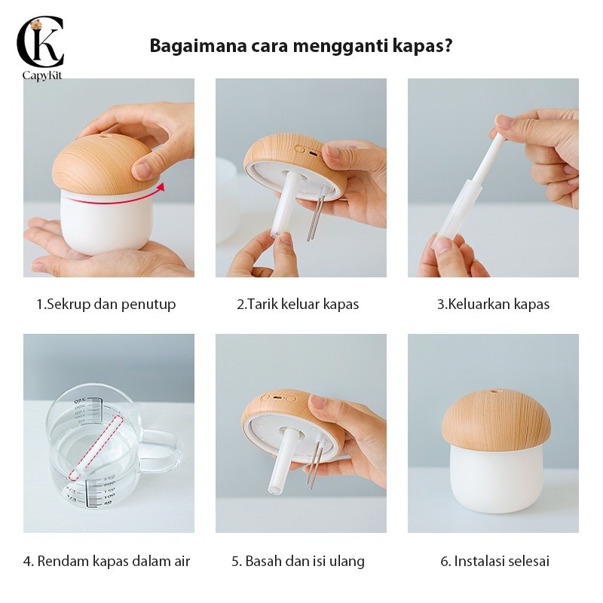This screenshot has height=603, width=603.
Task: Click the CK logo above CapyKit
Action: coord(40,42)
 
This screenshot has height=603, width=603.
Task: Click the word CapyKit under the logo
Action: coord(42,75)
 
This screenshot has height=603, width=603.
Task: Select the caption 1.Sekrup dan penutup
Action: coord(106,305)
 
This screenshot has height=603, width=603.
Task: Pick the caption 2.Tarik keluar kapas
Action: coord(298,305)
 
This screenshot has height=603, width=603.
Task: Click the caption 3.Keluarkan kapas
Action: coord(494,305)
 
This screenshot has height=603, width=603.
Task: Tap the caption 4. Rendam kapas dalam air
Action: coord(106,561)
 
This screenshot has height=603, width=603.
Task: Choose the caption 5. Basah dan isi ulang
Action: coord(298,561)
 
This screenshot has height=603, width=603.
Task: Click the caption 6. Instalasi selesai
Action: coord(495,561)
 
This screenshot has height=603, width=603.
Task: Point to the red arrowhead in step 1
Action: coord(161,187)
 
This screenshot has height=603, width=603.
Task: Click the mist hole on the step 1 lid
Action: coord(104,136)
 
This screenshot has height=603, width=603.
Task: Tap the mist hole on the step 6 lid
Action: coord(493,392)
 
